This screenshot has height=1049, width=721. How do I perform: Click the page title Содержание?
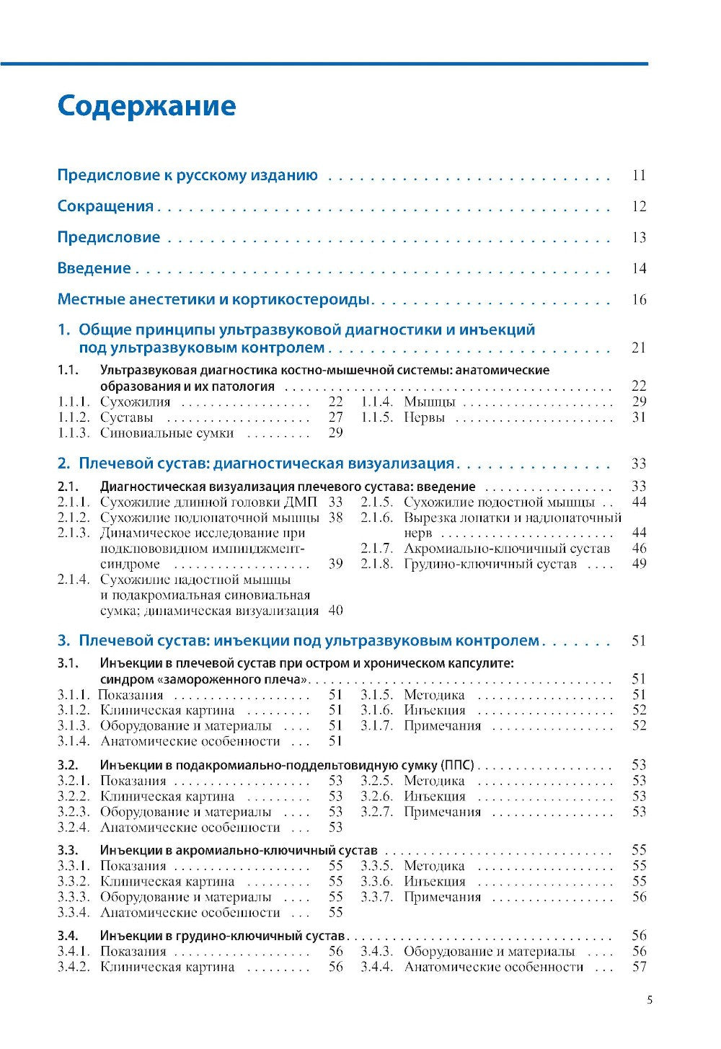click(146, 106)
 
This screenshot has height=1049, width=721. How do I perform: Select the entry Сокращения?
click(105, 206)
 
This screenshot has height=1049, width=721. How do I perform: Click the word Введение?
click(94, 268)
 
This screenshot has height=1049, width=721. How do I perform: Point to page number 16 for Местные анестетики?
click(638, 300)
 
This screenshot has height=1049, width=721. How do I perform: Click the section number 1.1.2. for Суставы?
click(74, 417)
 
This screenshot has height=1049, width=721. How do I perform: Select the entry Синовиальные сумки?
click(167, 433)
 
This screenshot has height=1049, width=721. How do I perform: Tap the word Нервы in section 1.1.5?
click(424, 417)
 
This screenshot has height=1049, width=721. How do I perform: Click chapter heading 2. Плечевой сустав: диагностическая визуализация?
click(256, 464)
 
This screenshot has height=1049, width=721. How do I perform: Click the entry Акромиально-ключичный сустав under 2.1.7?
click(506, 549)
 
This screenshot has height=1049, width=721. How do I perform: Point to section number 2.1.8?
click(376, 564)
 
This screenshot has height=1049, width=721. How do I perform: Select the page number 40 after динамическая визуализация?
click(335, 611)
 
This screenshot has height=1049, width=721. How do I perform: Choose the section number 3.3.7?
click(376, 897)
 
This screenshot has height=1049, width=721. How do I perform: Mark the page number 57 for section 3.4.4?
click(638, 967)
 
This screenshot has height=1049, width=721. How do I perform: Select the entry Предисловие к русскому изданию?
click(187, 175)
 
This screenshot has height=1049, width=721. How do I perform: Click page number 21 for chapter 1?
click(638, 348)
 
